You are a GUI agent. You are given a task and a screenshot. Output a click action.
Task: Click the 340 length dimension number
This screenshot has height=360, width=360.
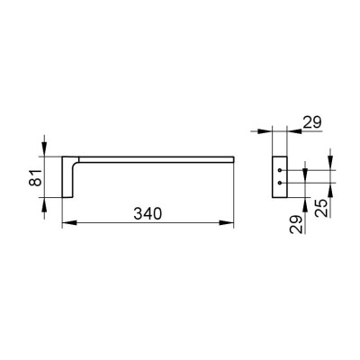(x=148, y=214)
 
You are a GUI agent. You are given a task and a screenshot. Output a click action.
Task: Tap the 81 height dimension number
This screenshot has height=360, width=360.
(x=36, y=177)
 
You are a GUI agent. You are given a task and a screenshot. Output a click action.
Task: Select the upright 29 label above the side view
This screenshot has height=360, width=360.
(x=311, y=122)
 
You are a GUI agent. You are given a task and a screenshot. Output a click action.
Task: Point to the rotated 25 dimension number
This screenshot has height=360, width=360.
(x=321, y=208)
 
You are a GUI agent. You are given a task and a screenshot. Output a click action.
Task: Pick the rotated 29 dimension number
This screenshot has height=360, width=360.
(x=296, y=224)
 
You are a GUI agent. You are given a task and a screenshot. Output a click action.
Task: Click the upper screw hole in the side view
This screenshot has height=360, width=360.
(x=280, y=170)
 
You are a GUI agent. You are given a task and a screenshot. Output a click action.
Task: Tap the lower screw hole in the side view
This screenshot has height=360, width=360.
(x=280, y=183)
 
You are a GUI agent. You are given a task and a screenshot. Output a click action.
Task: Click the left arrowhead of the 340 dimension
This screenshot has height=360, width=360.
(x=69, y=223)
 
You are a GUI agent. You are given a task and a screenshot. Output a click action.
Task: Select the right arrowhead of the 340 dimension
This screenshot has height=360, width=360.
(x=226, y=223)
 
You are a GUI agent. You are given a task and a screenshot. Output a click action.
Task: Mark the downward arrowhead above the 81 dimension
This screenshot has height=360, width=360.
(x=44, y=149)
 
